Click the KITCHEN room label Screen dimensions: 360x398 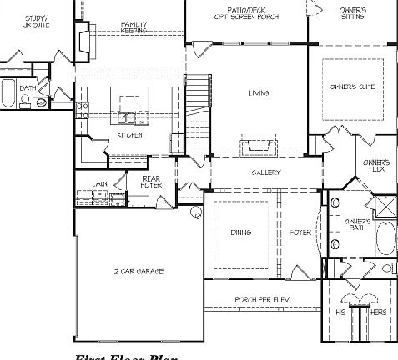[x=129, y=134]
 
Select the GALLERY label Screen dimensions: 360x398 [x=266, y=172]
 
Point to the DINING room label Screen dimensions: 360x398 [x=241, y=232]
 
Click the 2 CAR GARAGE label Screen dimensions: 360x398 [x=139, y=272]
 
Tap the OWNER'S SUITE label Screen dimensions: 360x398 [x=352, y=86]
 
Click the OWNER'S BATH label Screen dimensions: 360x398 [x=357, y=224]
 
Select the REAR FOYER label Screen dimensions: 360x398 [x=151, y=182]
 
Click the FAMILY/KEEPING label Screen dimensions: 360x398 [x=134, y=27]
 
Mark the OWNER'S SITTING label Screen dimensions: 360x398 [x=352, y=13]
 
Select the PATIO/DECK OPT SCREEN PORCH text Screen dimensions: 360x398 [x=245, y=13]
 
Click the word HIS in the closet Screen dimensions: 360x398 [x=340, y=311]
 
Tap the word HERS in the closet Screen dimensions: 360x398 [x=378, y=311]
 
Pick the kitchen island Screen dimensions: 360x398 [x=130, y=106]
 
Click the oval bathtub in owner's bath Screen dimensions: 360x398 [x=385, y=237]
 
